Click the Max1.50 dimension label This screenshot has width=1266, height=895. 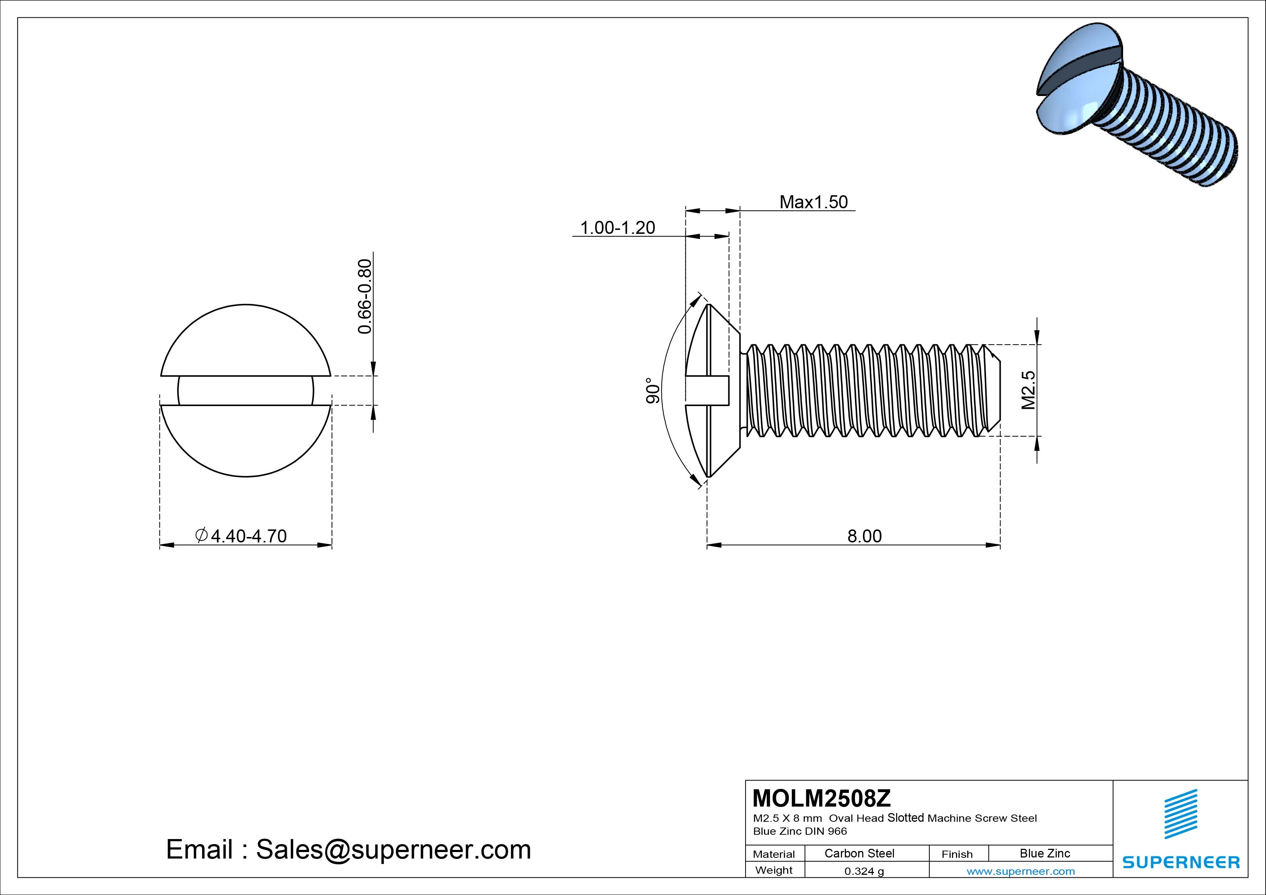click(x=813, y=202)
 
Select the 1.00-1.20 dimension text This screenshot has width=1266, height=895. click(x=617, y=228)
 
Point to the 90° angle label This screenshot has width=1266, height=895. click(x=653, y=390)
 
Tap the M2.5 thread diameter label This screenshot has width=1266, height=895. click(x=1028, y=390)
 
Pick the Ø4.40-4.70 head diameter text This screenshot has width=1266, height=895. click(x=241, y=536)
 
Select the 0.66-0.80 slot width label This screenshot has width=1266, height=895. click(x=365, y=296)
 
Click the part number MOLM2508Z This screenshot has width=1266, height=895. click(x=821, y=798)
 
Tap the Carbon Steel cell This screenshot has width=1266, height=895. click(x=859, y=853)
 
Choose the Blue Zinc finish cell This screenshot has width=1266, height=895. click(x=1044, y=853)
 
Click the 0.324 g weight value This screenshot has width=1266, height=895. click(x=864, y=871)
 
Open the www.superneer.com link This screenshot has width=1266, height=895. click(x=1021, y=871)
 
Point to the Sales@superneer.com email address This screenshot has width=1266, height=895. click(x=393, y=850)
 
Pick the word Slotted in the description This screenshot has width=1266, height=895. click(x=905, y=818)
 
